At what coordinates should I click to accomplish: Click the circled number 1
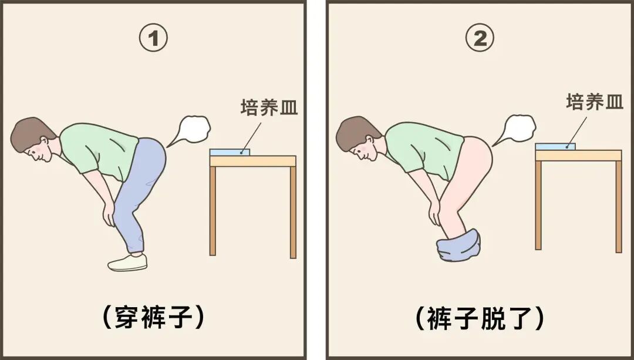tap(153, 38)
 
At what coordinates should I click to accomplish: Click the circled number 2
tap(480, 38)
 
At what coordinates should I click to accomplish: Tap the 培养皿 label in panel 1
tap(269, 107)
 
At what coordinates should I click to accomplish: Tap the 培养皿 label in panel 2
tap(594, 102)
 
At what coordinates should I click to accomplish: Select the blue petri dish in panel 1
tap(230, 152)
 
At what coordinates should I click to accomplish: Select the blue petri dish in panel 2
tap(555, 146)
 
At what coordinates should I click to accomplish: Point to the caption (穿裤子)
tap(153, 317)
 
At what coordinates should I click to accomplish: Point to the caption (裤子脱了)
tap(480, 318)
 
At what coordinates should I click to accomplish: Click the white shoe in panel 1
tap(127, 263)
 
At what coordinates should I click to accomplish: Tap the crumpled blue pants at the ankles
tap(458, 245)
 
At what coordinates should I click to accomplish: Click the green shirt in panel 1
tap(101, 150)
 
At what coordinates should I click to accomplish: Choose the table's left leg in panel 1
tap(213, 211)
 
